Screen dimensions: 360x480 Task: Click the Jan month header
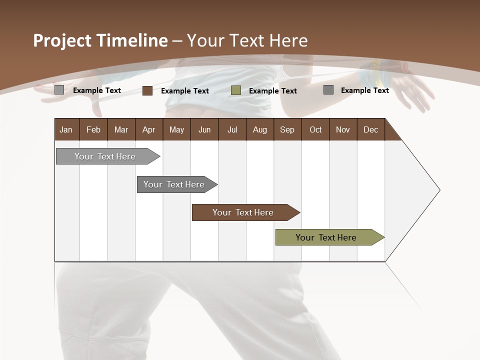tap(66, 129)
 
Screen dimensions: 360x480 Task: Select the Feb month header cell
tap(93, 129)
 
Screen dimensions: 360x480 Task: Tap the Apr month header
tap(148, 129)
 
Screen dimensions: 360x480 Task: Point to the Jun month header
tap(204, 129)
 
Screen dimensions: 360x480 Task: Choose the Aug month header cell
tap(259, 129)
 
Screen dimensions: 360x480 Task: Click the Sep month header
tap(287, 129)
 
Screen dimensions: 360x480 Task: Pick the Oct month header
tap(315, 129)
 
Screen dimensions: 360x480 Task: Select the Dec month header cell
tap(370, 129)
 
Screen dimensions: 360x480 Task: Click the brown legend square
tap(147, 90)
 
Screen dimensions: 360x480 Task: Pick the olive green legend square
tap(236, 90)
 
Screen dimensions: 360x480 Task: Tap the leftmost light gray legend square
tap(59, 90)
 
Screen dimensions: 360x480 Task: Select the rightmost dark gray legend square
tap(328, 90)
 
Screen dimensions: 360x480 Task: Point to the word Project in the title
tap(62, 40)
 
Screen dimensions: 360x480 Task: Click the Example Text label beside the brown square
tap(185, 91)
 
